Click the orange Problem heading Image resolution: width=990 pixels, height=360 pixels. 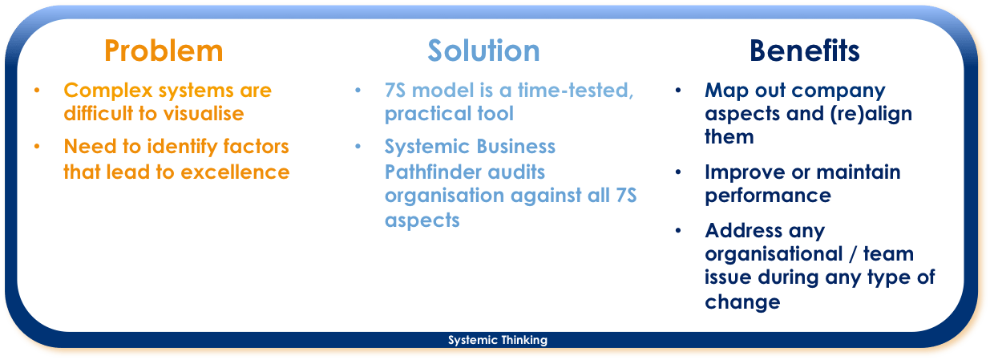pyautogui.click(x=164, y=51)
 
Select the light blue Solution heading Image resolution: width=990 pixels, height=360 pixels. pyautogui.click(x=483, y=51)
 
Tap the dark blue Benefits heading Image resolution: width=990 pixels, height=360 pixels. pyautogui.click(x=804, y=51)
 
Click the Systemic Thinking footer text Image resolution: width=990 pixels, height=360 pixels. pyautogui.click(x=498, y=340)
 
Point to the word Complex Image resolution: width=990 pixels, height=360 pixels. pyautogui.click(x=108, y=91)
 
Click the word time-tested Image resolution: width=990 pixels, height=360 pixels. pyautogui.click(x=576, y=91)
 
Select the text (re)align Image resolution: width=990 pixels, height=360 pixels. pyautogui.click(x=871, y=115)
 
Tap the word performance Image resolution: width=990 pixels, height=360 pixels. pyautogui.click(x=768, y=196)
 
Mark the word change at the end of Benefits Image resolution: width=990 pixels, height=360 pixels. pyautogui.click(x=742, y=302)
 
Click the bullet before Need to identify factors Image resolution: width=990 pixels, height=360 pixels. pyautogui.click(x=37, y=147)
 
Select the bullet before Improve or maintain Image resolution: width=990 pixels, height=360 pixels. pyautogui.click(x=678, y=172)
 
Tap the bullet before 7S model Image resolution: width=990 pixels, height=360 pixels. pyautogui.click(x=358, y=91)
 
